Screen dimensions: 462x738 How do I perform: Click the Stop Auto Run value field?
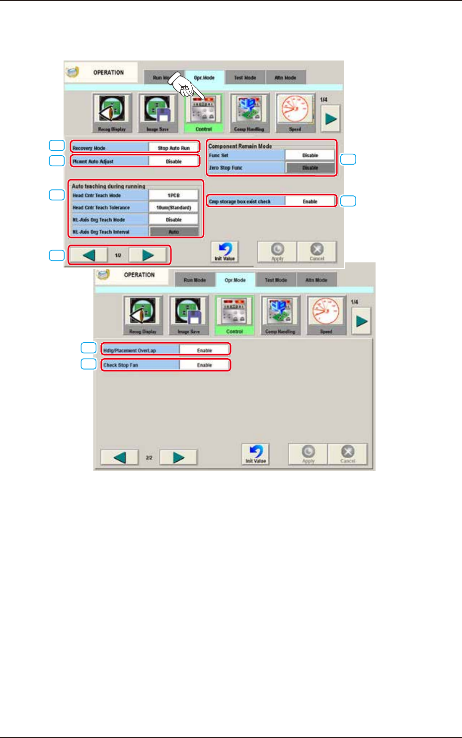174,148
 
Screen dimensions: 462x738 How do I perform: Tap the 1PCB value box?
174,195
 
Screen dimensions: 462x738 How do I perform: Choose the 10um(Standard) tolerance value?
174,208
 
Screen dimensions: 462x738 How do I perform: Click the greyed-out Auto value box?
174,232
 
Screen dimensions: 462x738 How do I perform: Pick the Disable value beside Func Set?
310,155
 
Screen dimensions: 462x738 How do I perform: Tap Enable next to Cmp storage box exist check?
310,201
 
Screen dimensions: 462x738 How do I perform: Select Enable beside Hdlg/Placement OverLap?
205,350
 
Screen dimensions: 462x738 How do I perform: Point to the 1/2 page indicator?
118,255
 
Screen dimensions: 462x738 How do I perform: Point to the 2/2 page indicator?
149,458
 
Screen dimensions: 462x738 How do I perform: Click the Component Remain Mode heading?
240,146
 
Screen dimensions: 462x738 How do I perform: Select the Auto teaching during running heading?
108,186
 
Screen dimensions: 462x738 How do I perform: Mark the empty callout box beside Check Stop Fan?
88,364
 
